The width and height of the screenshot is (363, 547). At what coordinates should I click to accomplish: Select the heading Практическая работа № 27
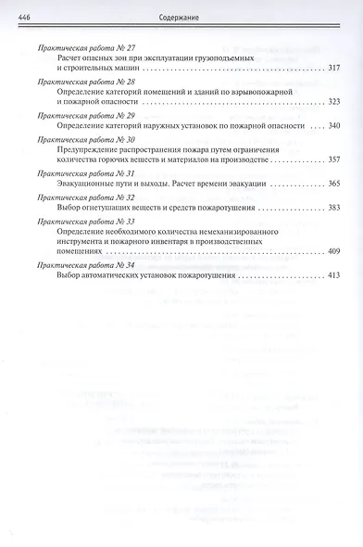[x=84, y=47]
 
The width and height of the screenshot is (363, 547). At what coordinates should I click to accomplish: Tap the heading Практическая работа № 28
[x=84, y=83]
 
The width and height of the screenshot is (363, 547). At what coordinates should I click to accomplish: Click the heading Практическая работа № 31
[x=84, y=173]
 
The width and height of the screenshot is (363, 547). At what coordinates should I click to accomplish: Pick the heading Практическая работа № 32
[x=84, y=197]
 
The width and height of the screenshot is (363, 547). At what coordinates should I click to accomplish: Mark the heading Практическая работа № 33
[x=84, y=222]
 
